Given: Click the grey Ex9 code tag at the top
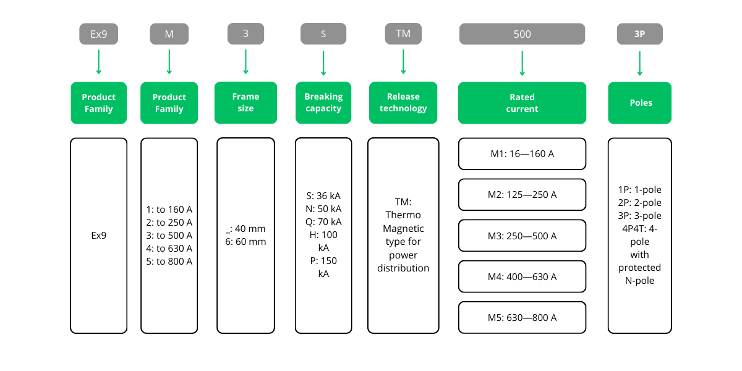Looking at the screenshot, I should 98,34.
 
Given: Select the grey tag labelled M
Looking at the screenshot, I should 169,34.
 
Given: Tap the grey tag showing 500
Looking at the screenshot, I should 522,34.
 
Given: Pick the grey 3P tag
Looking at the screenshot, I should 639,34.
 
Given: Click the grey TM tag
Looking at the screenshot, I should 403,33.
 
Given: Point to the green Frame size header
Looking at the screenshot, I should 245,103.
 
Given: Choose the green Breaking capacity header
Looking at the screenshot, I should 323,103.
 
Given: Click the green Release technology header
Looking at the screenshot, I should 403,103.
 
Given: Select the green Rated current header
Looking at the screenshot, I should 522,103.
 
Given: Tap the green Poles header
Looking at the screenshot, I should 640,103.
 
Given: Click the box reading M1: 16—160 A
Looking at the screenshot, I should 522,154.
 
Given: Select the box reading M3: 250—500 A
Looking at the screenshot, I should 522,236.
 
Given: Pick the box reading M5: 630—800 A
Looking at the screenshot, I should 522,318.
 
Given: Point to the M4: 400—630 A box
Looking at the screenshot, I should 522,276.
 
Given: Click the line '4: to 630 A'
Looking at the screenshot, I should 169,249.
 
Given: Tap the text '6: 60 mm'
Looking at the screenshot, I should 245,242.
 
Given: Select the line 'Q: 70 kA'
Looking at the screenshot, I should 323,222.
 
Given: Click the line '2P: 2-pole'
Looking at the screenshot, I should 639,203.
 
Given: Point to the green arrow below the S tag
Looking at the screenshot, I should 323,63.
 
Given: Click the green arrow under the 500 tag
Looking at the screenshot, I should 522,63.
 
